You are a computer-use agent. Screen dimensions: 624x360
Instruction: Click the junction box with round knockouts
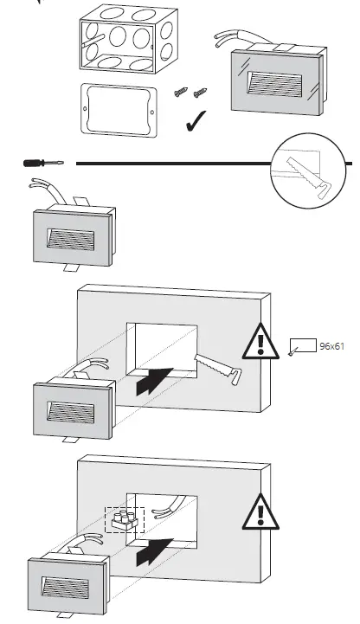[x=121, y=42]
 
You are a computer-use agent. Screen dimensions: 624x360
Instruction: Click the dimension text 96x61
[x=332, y=344]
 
